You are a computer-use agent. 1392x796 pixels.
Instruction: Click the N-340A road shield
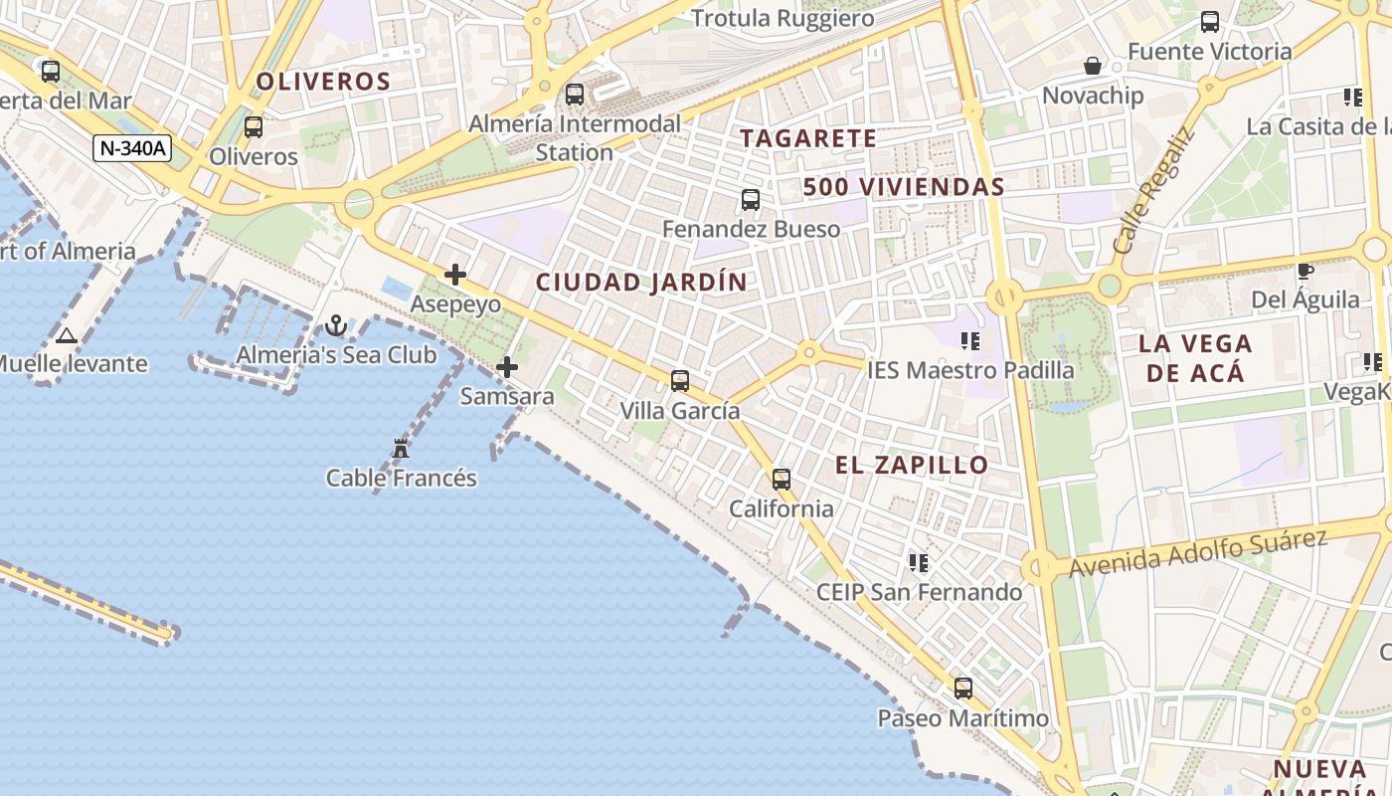point(132,148)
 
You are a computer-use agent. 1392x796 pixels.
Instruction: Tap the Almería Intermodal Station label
point(575,138)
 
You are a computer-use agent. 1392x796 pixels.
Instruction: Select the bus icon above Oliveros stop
point(254,126)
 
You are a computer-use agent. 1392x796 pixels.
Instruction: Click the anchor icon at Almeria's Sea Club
point(336,325)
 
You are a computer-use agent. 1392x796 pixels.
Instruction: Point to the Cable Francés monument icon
point(401,449)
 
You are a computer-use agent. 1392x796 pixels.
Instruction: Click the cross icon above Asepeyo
point(455,275)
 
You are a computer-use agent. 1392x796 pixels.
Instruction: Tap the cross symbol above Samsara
point(507,367)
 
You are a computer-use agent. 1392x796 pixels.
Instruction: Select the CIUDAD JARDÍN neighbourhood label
point(641,283)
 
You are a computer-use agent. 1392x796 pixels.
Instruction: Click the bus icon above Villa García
point(680,380)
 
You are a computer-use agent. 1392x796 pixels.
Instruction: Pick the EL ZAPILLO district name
point(912,465)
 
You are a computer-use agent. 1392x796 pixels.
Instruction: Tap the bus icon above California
point(782,479)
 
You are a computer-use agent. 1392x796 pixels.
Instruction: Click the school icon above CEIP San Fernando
point(919,563)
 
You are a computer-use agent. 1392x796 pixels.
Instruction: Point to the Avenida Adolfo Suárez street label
point(1198,552)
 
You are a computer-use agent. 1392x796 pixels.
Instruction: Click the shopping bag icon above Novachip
point(1093,66)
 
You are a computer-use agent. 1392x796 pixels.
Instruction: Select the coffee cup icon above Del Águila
point(1305,271)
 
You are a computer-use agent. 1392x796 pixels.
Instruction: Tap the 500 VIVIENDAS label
point(904,187)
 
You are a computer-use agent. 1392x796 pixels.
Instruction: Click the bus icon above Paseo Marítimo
point(962,688)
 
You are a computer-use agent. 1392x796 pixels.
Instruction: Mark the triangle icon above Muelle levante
point(67,335)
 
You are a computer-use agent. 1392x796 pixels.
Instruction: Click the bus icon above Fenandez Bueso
point(751,200)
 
